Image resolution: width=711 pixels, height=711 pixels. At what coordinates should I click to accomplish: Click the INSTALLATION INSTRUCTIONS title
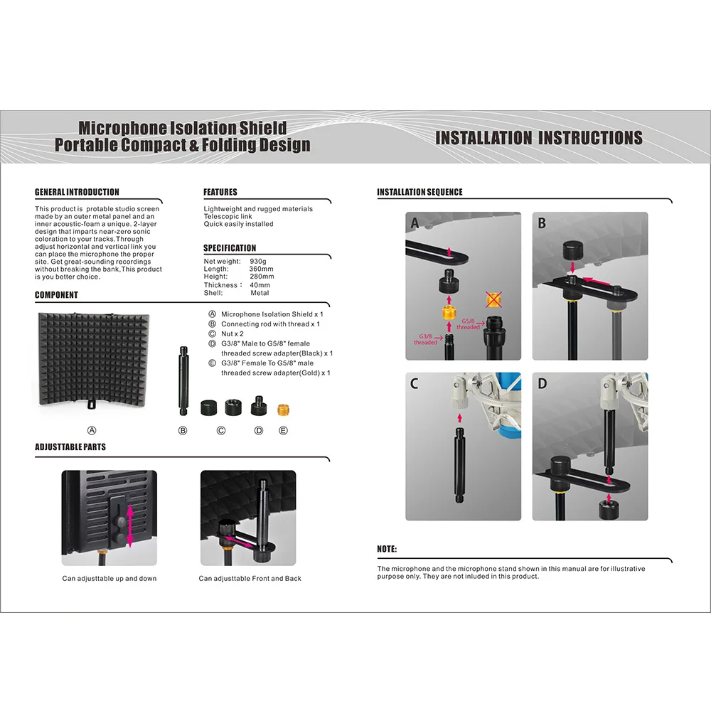coord(538,138)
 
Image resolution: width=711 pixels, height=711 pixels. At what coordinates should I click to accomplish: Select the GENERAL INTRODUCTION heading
coord(77,192)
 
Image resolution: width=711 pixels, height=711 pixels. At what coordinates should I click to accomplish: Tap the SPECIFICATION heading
coord(230,248)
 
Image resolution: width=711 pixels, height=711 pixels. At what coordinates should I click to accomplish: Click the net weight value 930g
coord(259,262)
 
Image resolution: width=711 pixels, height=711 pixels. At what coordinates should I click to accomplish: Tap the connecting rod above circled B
coord(183,381)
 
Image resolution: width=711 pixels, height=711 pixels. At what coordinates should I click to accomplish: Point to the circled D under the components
coord(259,431)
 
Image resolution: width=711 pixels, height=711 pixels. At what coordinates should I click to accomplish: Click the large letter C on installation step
coord(415,384)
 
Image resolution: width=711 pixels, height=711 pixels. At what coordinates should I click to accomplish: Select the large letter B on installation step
coord(542,223)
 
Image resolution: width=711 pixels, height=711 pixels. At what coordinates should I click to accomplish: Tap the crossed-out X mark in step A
coord(493,299)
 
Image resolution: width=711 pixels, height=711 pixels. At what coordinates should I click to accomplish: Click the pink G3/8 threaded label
coord(425,339)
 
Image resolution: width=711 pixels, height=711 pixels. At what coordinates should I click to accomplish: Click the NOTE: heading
coord(387,550)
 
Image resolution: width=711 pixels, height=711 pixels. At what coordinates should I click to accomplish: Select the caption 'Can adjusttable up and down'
coord(109,579)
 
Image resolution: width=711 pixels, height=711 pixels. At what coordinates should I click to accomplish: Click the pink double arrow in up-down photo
coord(129,525)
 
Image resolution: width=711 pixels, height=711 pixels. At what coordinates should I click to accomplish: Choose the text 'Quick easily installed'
coord(238,224)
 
